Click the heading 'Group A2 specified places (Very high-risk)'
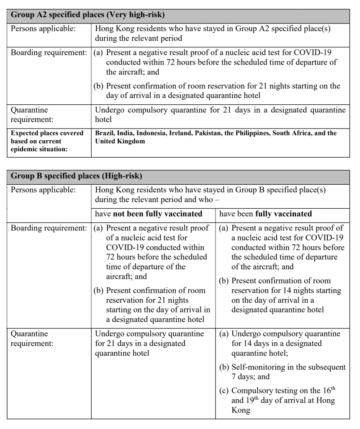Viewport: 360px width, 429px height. [87, 15]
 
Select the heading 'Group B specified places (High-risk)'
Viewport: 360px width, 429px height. [77, 176]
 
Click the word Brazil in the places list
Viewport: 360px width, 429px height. [105, 133]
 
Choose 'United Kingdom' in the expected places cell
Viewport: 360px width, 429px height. [120, 141]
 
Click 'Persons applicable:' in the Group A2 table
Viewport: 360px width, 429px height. [44, 29]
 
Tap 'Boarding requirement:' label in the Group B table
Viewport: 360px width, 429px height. [49, 228]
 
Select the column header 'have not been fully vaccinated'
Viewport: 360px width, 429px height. [149, 214]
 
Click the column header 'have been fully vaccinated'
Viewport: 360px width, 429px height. [265, 214]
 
